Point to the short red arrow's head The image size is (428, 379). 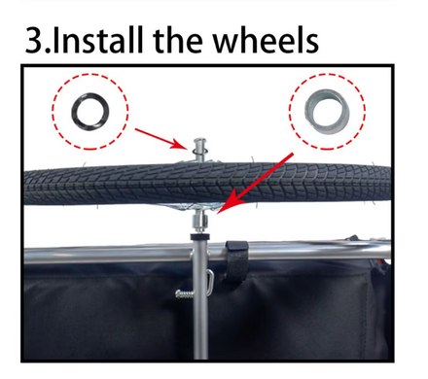(x=180, y=145)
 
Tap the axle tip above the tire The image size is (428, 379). (x=199, y=143)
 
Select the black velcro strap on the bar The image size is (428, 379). (x=236, y=259)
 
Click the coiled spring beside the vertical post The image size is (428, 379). (x=185, y=294)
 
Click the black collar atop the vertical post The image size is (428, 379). (x=199, y=237)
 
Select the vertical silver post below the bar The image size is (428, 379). (x=200, y=308)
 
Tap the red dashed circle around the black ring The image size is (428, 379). (x=53, y=112)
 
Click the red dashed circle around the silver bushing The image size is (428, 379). (x=289, y=112)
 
